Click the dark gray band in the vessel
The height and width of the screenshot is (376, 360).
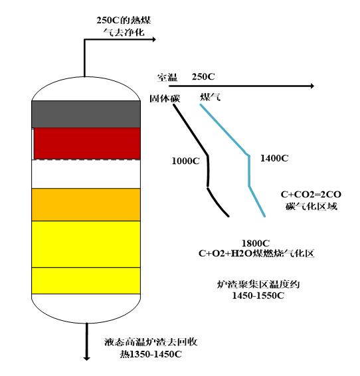[86, 114]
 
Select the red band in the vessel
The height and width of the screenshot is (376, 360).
[87, 143]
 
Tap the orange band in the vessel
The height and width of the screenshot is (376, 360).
[86, 205]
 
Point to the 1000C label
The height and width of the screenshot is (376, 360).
[185, 161]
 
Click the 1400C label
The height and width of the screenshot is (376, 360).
[274, 158]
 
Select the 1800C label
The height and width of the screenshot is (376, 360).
[256, 243]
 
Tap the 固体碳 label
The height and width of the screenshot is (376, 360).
[165, 98]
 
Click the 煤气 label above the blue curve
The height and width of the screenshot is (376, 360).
[210, 97]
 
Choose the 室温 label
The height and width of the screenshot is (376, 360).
[167, 77]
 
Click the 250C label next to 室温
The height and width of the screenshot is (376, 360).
[203, 77]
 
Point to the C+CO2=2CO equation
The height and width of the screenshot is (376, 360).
[311, 195]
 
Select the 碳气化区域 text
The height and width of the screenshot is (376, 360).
[312, 206]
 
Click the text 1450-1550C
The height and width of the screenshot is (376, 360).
[258, 296]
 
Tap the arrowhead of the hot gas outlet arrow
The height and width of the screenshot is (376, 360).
[154, 39]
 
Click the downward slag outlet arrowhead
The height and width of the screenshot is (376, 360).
[86, 358]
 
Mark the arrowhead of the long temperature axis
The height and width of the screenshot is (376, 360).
[312, 86]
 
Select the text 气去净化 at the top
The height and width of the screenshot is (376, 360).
[124, 32]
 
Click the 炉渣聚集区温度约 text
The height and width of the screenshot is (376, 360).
[258, 284]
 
